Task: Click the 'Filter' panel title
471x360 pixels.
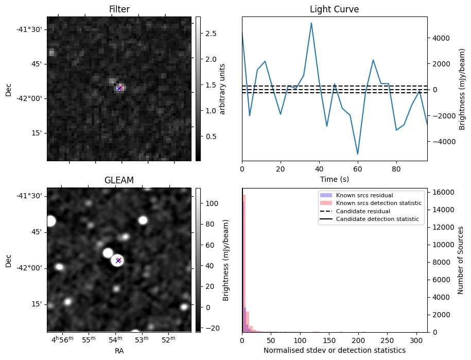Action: point(119,9)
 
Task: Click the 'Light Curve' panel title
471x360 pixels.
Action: point(334,9)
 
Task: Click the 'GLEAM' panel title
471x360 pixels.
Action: point(119,180)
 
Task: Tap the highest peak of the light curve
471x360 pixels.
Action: point(311,23)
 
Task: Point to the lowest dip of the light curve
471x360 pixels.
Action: point(358,154)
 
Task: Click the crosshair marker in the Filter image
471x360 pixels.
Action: point(119,88)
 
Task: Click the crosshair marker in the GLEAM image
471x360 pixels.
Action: point(118,260)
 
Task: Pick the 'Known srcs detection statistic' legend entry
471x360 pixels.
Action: point(378,203)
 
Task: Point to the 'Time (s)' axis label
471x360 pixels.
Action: point(334,179)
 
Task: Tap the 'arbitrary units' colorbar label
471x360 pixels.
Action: point(222,89)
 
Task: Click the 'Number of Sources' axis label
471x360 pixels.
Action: point(460,260)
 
